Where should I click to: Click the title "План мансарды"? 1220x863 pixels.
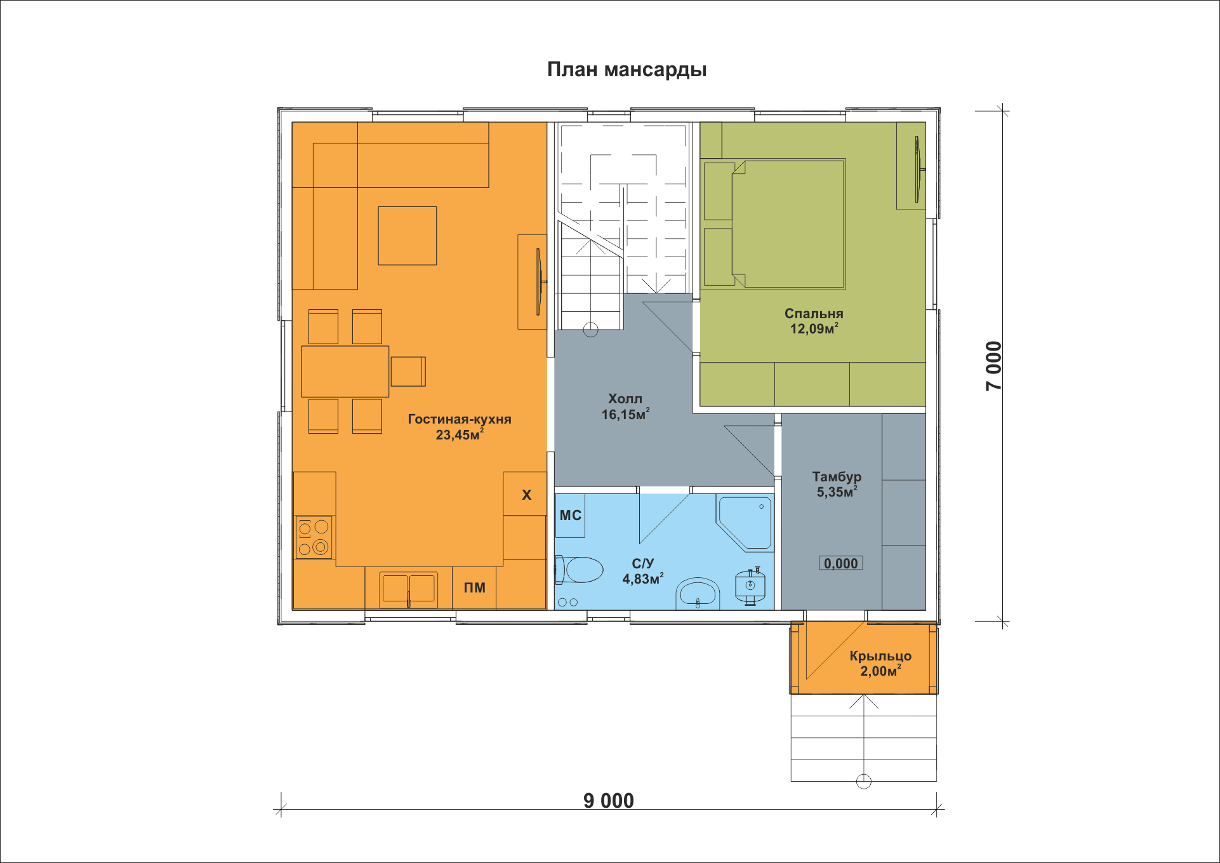point(627,70)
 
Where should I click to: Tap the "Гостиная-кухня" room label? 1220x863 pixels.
point(460,419)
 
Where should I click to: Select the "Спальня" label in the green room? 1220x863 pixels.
point(814,314)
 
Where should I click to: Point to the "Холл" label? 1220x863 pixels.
point(625,399)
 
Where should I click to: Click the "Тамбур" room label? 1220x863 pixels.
point(837,477)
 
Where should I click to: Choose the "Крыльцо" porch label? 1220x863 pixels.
point(880,656)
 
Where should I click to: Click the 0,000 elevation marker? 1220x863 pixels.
point(841,563)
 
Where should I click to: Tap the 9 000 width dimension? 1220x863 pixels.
point(609,801)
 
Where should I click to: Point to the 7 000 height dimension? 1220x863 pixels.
point(994,366)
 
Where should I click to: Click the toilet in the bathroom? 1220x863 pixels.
point(580,570)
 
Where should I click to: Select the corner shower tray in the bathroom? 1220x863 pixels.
point(744,522)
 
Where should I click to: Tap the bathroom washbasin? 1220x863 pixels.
point(698,593)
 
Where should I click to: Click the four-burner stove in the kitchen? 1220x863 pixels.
point(314,537)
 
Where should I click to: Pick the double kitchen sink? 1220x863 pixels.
point(408,589)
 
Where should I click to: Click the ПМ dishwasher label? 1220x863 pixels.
point(474,588)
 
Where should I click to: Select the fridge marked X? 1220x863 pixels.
point(526,494)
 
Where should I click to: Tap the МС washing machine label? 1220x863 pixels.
point(570,516)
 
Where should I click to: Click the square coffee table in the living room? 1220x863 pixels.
point(408,236)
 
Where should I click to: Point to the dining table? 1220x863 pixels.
point(345,371)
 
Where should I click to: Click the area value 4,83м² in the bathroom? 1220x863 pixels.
point(642,579)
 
